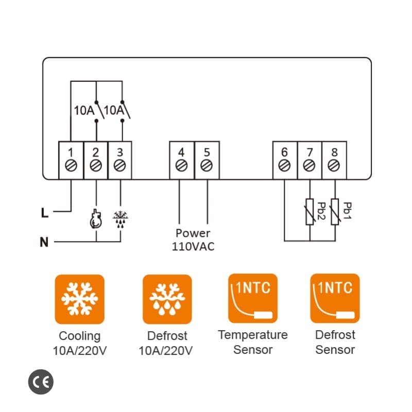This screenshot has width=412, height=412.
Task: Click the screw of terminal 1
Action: pyautogui.click(x=71, y=166)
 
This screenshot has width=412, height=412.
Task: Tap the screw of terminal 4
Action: pyautogui.click(x=181, y=166)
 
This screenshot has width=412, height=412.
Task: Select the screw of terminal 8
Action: pyautogui.click(x=334, y=166)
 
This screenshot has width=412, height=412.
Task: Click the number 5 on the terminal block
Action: pyautogui.click(x=207, y=152)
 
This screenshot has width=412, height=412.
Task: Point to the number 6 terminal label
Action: pyautogui.click(x=285, y=152)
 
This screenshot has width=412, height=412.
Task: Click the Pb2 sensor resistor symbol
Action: pyautogui.click(x=310, y=212)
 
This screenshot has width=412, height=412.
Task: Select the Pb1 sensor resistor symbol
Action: pyautogui.click(x=334, y=212)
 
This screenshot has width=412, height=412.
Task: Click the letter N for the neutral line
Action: pyautogui.click(x=45, y=242)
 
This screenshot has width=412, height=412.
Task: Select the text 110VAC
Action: pyautogui.click(x=193, y=247)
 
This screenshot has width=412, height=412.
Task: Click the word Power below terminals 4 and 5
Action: pyautogui.click(x=193, y=233)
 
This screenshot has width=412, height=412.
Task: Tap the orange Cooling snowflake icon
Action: pyautogui.click(x=79, y=299)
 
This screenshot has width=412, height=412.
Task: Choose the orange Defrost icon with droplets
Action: pyautogui.click(x=167, y=299)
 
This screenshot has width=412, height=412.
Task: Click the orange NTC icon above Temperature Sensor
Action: pyautogui.click(x=252, y=298)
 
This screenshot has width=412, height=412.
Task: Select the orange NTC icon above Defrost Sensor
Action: pyautogui.click(x=335, y=298)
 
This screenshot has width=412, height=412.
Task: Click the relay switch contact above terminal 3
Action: pyautogui.click(x=124, y=110)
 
